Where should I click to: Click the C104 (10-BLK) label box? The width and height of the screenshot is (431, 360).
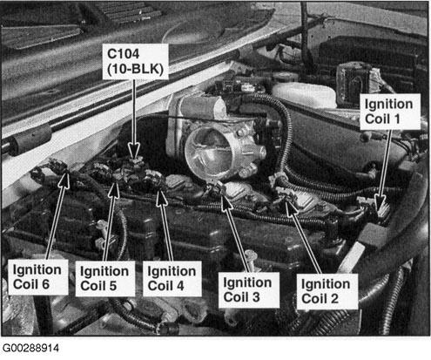click(136, 62)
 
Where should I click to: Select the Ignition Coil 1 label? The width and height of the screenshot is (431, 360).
click(390, 112)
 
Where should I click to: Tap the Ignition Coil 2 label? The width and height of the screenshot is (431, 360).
click(327, 291)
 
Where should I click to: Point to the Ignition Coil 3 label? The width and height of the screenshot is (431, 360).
click(249, 289)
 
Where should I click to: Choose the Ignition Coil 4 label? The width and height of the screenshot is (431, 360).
click(172, 278)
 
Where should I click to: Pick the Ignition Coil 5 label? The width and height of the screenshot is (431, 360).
click(105, 278)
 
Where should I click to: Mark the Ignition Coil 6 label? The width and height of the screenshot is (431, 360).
click(37, 277)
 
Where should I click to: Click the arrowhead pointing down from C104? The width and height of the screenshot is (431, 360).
click(134, 151)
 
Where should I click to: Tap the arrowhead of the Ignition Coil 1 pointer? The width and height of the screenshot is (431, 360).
click(380, 206)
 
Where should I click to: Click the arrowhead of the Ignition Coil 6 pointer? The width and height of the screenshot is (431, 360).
click(64, 180)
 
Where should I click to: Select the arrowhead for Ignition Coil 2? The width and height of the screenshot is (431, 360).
click(291, 207)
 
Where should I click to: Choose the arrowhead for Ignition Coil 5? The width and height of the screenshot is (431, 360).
click(114, 191)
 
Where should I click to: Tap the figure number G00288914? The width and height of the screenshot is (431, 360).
click(30, 349)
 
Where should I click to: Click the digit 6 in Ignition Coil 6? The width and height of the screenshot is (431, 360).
click(45, 284)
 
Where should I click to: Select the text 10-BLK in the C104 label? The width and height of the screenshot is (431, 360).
click(136, 70)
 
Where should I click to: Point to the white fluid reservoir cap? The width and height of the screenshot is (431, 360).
click(304, 93)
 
